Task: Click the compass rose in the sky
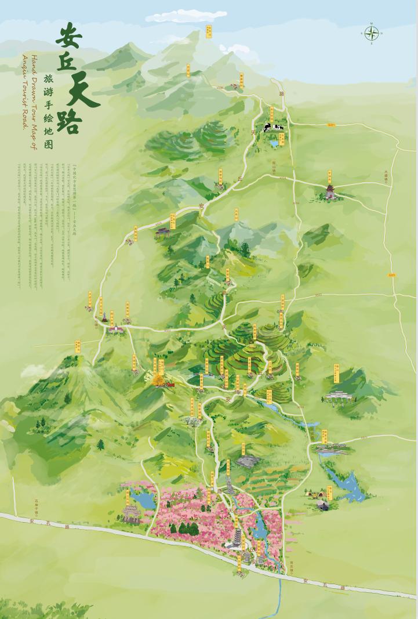372,33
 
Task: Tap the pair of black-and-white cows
272,127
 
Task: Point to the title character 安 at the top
69,37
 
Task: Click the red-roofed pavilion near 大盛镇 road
330,191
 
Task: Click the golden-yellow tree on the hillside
158,379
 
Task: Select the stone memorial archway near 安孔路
131,514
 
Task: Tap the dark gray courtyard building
248,461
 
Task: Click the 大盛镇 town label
387,175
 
